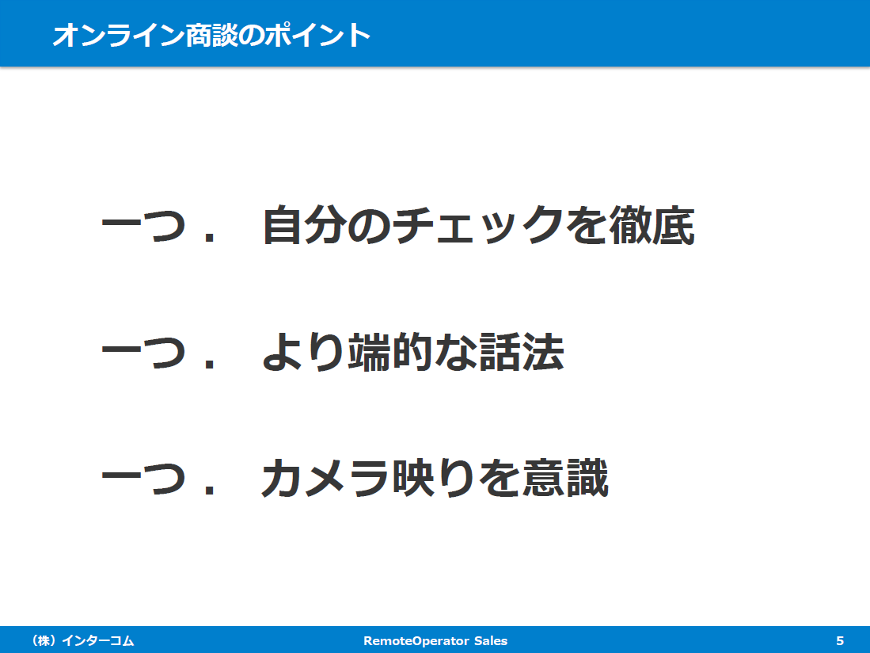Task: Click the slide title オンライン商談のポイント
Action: tap(211, 35)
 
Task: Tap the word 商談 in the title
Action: tap(212, 35)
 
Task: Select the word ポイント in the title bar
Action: tap(317, 35)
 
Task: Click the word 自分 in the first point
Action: tap(304, 225)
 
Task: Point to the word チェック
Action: tap(478, 225)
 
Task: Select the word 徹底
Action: tap(652, 225)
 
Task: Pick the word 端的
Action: tap(390, 352)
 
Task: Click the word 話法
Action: tap(522, 352)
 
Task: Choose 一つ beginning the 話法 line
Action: tap(143, 352)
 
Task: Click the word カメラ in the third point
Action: tap(325, 478)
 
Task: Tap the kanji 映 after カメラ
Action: tap(412, 478)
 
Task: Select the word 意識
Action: tap(565, 478)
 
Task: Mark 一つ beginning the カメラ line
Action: tap(143, 478)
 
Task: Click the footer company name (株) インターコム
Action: tap(83, 641)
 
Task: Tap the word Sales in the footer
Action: tap(491, 641)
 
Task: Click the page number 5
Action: tap(840, 641)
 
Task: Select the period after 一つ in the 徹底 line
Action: tap(209, 238)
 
